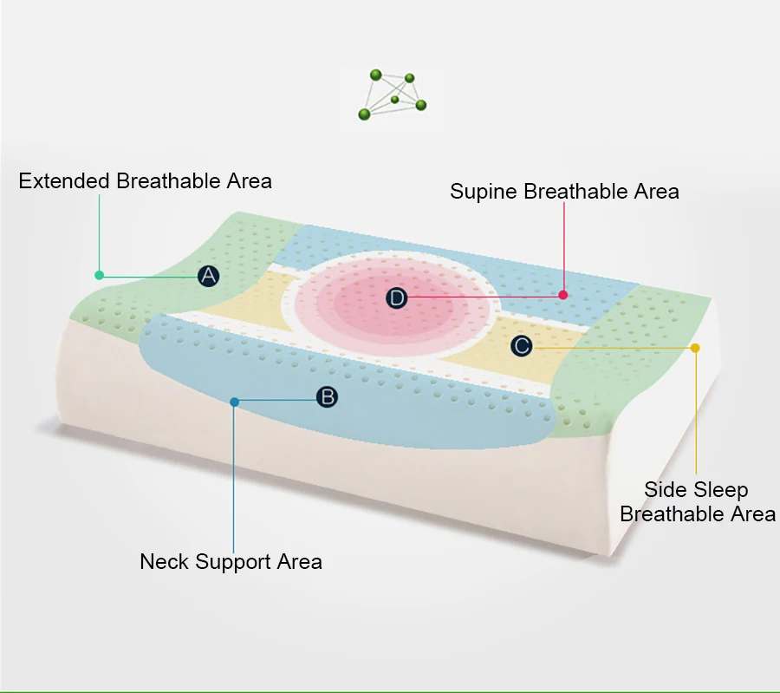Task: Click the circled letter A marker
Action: [208, 276]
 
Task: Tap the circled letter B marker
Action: [326, 397]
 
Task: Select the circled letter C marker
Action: [521, 346]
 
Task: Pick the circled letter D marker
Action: [396, 298]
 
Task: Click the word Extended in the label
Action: [64, 181]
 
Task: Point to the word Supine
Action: [484, 192]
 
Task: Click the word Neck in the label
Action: [164, 561]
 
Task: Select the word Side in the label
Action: [664, 490]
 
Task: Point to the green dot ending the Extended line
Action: [100, 275]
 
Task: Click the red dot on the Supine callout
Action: [563, 295]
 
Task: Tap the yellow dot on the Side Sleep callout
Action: [695, 348]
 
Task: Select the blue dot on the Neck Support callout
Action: [234, 401]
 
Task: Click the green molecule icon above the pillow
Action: [393, 94]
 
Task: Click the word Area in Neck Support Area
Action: [299, 561]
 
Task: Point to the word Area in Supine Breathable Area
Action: [656, 191]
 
